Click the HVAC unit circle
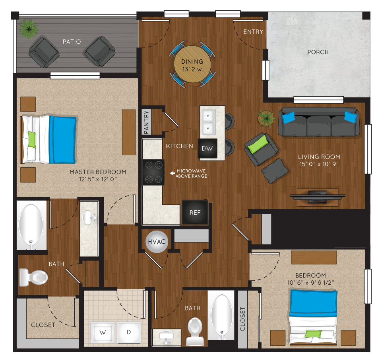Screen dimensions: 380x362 tap(157, 242)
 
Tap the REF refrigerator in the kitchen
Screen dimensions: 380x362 tap(195, 212)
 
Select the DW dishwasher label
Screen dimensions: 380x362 tap(207, 149)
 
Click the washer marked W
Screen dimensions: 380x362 tap(103, 332)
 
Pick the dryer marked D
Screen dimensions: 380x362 tap(129, 332)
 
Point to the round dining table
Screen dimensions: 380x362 tap(192, 65)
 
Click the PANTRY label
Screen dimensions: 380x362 tap(146, 122)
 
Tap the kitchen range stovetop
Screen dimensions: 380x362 tap(153, 172)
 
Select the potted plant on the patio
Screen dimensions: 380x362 tap(29, 29)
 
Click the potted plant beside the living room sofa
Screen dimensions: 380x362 tap(266, 119)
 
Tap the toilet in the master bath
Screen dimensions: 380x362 tap(33, 277)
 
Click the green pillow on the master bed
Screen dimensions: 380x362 tap(32, 140)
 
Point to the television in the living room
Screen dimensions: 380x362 tap(318, 196)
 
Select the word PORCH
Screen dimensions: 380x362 tap(318, 52)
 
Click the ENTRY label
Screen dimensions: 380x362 tap(253, 32)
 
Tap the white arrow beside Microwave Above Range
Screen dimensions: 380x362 tap(172, 173)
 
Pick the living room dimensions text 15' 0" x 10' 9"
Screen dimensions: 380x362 tap(319, 164)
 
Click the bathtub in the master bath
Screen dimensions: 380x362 tap(31, 225)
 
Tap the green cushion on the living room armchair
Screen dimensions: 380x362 tap(258, 144)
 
